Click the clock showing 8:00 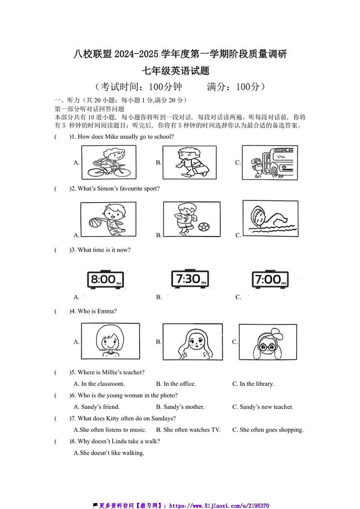tap(105, 280)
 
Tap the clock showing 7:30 tap(190, 279)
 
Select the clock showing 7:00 tap(270, 280)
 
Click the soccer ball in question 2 tap(204, 226)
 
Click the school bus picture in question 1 tap(270, 162)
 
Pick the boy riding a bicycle tap(108, 162)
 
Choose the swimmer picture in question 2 tap(270, 218)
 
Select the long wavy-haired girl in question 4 tap(192, 342)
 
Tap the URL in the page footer tap(219, 505)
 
